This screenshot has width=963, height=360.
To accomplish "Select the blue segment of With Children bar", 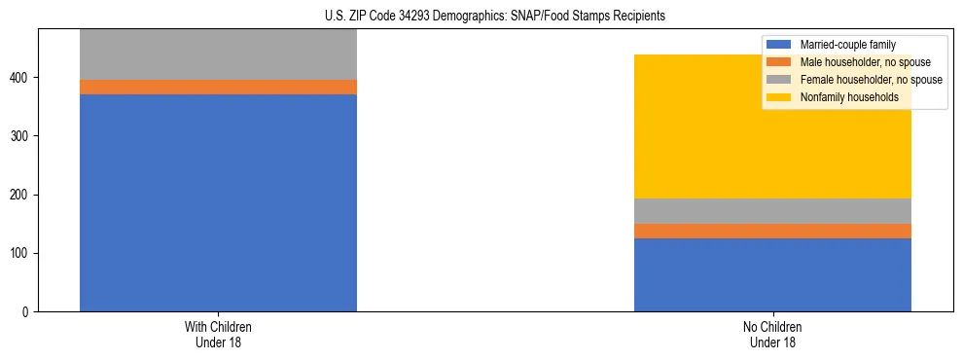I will point(218,202).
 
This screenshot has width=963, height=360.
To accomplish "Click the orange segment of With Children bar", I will point(218,87).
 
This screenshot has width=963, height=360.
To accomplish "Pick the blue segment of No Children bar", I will point(772,274).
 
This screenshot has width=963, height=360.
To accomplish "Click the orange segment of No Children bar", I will point(772,231).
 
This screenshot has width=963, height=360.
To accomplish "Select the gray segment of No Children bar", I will point(772,211).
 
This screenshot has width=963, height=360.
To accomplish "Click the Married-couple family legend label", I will point(847,45).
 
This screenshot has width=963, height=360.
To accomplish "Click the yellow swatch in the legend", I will point(779,97).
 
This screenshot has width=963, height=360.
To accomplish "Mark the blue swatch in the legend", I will point(779,45).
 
